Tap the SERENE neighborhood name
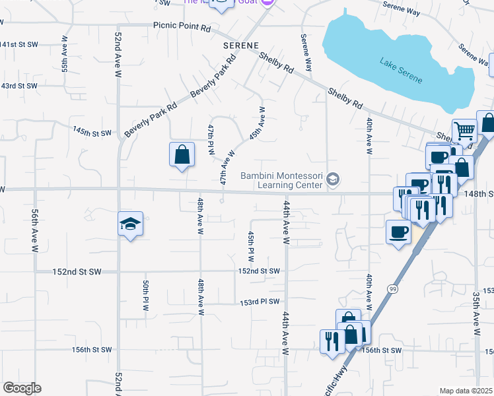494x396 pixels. [240, 46]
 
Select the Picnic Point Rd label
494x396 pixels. [182, 27]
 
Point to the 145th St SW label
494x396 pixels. [92, 133]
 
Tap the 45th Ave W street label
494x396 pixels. [258, 123]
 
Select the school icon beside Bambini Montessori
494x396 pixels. [334, 179]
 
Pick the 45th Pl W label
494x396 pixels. [251, 246]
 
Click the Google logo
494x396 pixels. [22, 388]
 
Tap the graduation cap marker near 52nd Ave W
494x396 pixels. [131, 224]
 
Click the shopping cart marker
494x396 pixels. [465, 132]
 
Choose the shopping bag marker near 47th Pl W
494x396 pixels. [182, 156]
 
